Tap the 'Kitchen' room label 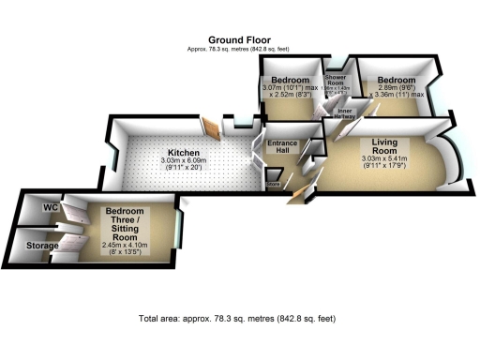pos(183,152)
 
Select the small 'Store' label pos(274,185)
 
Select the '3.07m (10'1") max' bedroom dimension pos(291,85)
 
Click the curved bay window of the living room pos(451,154)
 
